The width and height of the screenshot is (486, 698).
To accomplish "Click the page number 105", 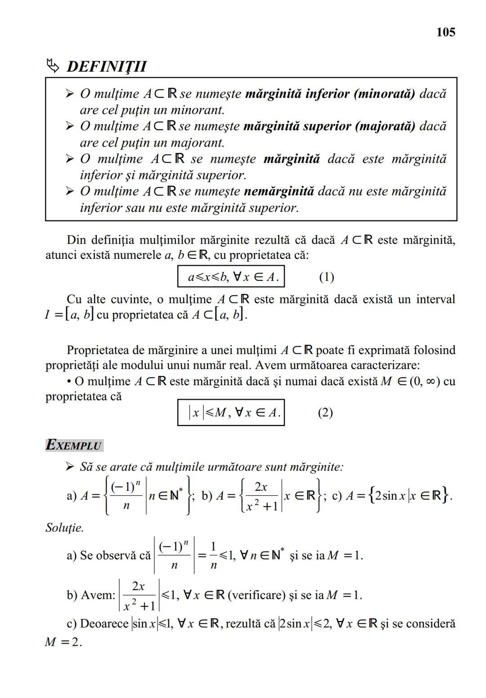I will click(445, 32).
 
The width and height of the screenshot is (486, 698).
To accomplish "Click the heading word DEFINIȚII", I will click(107, 67).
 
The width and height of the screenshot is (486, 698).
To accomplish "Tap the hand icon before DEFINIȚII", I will click(53, 66).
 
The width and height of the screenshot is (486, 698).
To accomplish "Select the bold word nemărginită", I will click(279, 191).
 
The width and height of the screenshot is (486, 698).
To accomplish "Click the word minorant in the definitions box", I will click(198, 110).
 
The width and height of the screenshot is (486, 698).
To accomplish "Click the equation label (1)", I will click(326, 277).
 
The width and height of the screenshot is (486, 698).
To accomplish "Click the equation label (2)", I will click(325, 413).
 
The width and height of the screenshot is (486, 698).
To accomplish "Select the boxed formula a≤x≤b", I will click(231, 277).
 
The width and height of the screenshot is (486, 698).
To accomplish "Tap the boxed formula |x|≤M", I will click(231, 413).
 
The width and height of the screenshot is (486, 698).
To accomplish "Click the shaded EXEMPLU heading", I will click(75, 445).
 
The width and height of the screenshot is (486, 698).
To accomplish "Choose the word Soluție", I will click(65, 528).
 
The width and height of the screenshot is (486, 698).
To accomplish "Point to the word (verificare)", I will click(256, 595).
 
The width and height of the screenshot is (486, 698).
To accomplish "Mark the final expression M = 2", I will click(63, 642).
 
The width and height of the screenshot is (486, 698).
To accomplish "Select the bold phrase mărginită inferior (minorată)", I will click(330, 94).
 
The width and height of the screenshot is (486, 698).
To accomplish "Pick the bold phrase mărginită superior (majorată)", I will click(329, 126).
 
